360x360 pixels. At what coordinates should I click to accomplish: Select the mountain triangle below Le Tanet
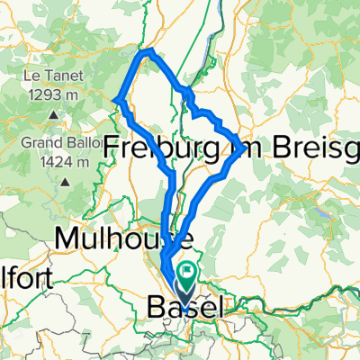(x=53, y=114)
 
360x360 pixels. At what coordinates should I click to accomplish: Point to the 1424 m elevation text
(x=54, y=162)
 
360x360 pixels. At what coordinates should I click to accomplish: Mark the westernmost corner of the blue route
(x=118, y=98)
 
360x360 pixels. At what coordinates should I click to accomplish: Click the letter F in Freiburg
(x=113, y=146)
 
